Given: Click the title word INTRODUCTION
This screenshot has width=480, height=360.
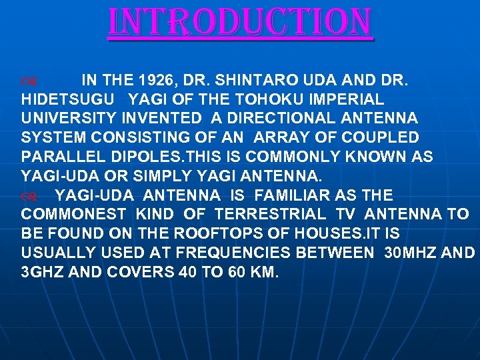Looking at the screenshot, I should click(x=240, y=23).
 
